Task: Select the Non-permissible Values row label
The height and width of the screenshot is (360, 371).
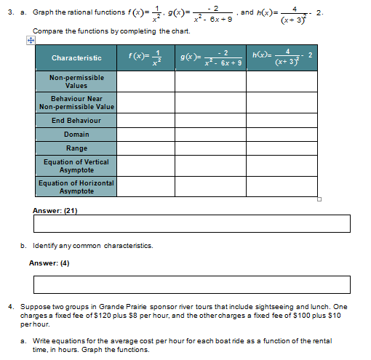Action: click(x=76, y=81)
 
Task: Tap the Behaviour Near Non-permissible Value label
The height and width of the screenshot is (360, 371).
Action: click(x=76, y=103)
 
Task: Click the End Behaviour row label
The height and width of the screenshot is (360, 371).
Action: click(x=76, y=120)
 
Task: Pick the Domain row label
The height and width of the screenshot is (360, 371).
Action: click(x=76, y=135)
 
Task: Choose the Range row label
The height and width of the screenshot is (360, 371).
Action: click(x=76, y=148)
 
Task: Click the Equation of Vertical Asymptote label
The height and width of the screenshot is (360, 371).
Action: click(x=76, y=166)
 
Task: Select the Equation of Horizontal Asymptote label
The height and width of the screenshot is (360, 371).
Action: click(x=76, y=187)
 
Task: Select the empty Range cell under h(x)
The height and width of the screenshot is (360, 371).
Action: click(x=282, y=148)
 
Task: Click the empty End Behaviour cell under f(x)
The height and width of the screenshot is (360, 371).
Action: click(x=145, y=120)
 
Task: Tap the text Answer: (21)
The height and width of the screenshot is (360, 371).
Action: click(x=55, y=210)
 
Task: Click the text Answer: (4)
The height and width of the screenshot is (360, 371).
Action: click(x=49, y=263)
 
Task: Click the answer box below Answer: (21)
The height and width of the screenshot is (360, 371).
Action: click(x=191, y=224)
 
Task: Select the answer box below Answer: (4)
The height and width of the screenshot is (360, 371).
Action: click(x=191, y=284)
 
